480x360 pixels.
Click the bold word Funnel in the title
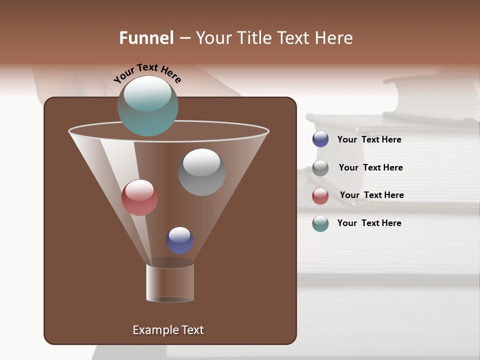click(x=146, y=37)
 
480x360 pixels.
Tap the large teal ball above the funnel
click(x=147, y=106)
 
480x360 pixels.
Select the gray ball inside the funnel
click(x=201, y=172)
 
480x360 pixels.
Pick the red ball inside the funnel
click(x=139, y=197)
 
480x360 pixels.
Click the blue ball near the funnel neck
click(x=179, y=240)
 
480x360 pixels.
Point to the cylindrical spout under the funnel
click(x=170, y=282)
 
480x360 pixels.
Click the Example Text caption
click(x=168, y=330)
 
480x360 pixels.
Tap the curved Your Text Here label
click(x=147, y=73)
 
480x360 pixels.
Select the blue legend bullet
click(x=320, y=139)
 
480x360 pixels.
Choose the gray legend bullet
click(x=320, y=168)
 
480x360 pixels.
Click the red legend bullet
click(x=320, y=196)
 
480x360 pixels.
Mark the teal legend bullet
click(x=320, y=223)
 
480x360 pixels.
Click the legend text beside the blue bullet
click(x=369, y=140)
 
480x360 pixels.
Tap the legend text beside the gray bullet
click(x=370, y=168)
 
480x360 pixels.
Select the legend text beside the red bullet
click(x=371, y=195)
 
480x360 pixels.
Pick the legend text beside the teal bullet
click(x=369, y=223)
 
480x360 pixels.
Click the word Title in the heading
click(x=255, y=37)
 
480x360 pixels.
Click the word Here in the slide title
click(x=333, y=37)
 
